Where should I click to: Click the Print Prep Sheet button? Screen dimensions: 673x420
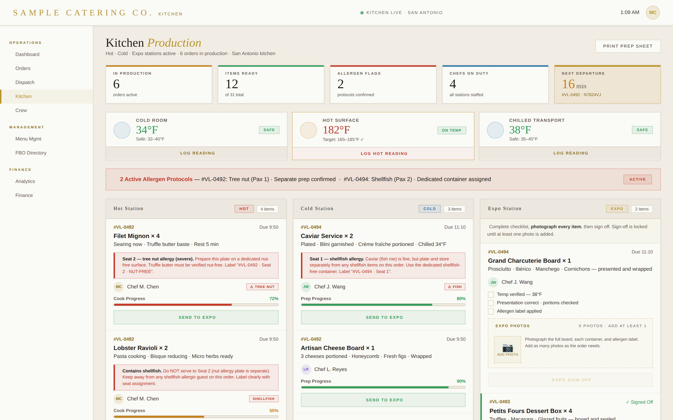coord(628,46)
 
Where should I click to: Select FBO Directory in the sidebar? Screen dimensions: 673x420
coord(31,153)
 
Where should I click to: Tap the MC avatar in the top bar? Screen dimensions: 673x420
coord(652,13)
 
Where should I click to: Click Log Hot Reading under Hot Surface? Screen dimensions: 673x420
coord(384,154)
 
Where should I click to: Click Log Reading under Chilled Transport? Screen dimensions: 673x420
coord(570,153)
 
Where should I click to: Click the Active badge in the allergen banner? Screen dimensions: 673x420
coord(637,179)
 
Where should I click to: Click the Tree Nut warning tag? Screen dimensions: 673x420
coord(262,287)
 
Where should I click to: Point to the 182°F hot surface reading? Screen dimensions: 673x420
coord(336,130)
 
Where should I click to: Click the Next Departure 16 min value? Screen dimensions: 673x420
coord(574,84)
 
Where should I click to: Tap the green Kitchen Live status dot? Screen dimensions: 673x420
coord(362,13)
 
